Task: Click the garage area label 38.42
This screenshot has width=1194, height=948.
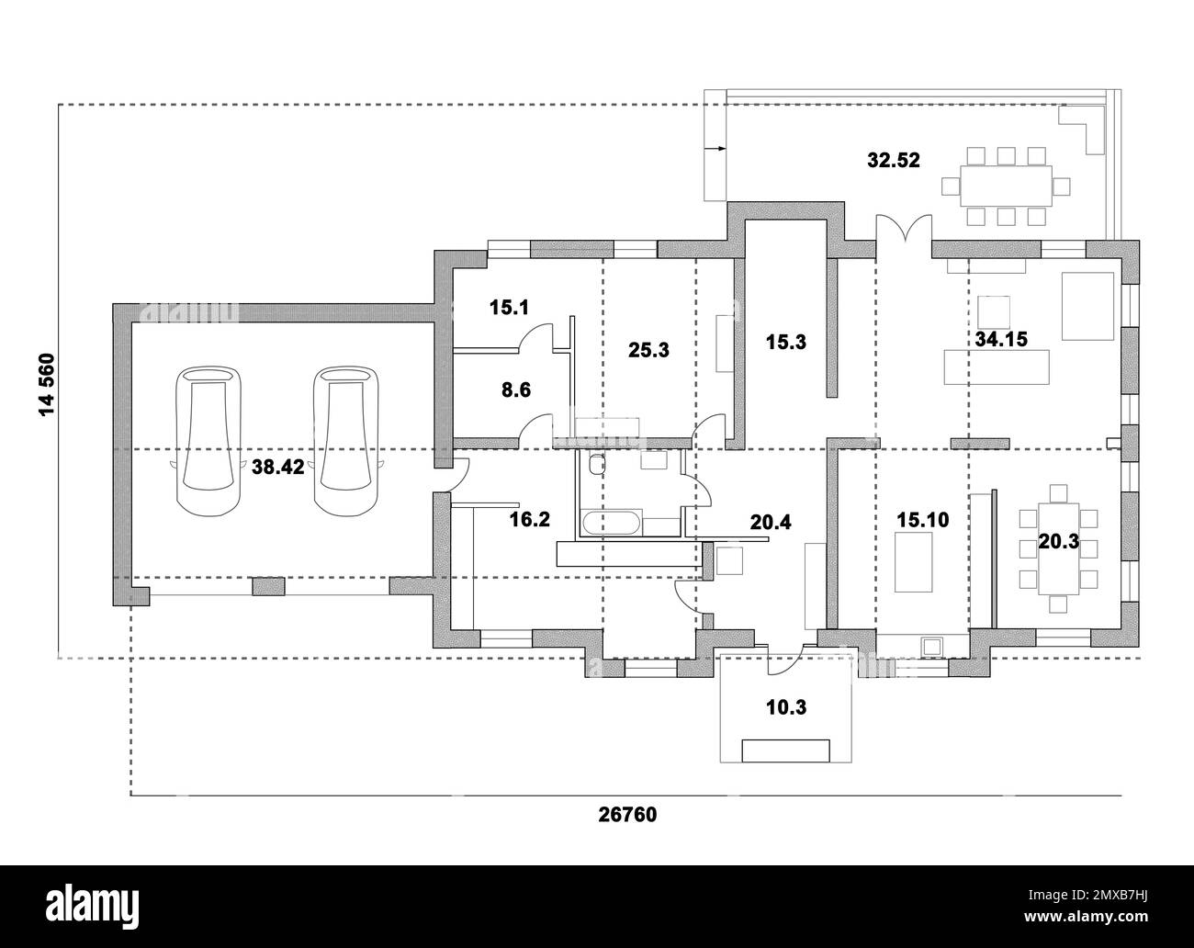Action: [277, 467]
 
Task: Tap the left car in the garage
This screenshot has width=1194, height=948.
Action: [208, 440]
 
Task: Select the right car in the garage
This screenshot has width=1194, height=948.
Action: [345, 440]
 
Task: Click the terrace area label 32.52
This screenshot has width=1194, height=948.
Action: [893, 160]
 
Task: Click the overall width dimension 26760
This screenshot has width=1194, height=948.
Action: [627, 814]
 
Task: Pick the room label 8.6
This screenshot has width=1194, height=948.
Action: [515, 389]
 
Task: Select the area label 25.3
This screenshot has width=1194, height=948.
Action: [648, 349]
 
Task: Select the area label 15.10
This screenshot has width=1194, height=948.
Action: [922, 520]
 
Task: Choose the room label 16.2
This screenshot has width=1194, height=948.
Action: [530, 520]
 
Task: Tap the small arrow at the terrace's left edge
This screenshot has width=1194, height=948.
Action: [713, 147]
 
